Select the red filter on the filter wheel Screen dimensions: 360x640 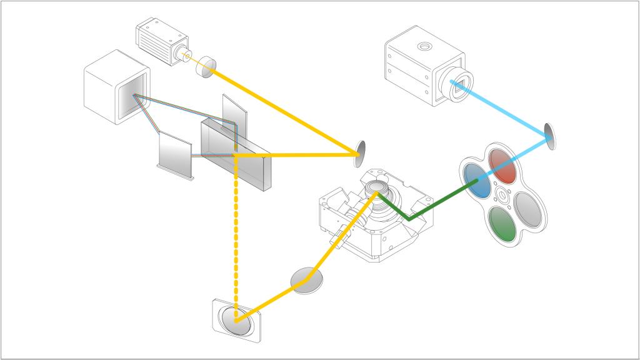pos(504,165)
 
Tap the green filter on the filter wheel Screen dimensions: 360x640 pos(503,225)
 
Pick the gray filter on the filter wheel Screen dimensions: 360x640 pos(530,209)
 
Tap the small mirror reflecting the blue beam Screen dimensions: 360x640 pos(549,136)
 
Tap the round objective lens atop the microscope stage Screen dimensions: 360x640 pos(377,187)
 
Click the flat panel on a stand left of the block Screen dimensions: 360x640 pos(173,153)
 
